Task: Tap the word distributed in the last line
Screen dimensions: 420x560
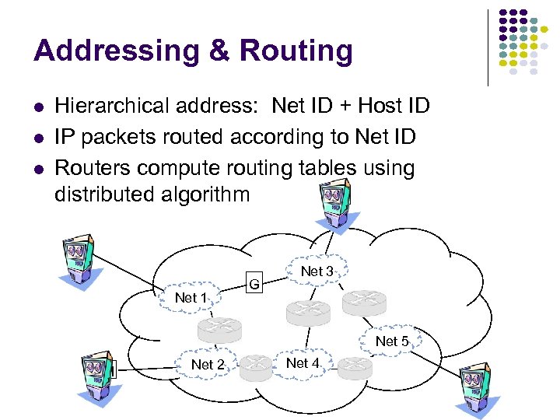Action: click(107, 194)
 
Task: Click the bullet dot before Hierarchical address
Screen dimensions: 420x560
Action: click(38, 107)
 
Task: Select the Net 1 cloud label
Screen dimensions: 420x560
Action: click(191, 298)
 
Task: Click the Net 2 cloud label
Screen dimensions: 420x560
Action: click(208, 365)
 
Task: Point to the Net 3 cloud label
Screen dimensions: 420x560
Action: click(317, 271)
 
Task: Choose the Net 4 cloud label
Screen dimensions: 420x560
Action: click(303, 363)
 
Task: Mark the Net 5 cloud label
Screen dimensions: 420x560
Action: click(392, 341)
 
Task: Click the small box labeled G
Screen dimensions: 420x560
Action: click(254, 285)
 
